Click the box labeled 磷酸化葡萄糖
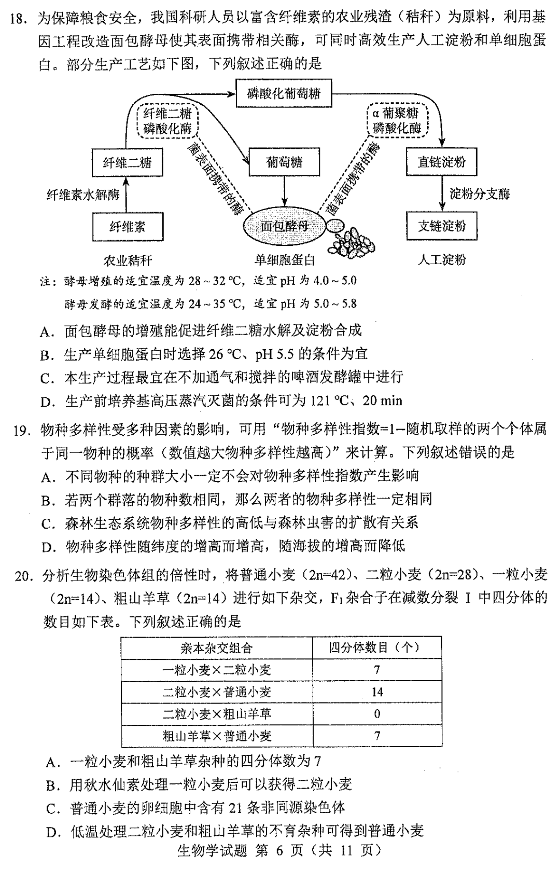point(283,94)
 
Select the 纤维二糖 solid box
point(127,163)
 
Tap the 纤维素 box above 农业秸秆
point(127,227)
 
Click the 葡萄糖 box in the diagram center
point(284,162)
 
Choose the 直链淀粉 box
point(442,162)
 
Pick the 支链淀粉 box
point(442,226)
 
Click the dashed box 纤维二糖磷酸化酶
point(167,121)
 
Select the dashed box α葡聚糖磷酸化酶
point(397,121)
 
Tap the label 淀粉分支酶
point(480,194)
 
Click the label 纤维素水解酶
point(83,195)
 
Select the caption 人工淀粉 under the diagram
point(442,259)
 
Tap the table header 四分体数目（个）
point(377,647)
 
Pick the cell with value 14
point(377,692)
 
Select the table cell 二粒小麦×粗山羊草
point(217,714)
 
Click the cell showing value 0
point(377,714)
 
